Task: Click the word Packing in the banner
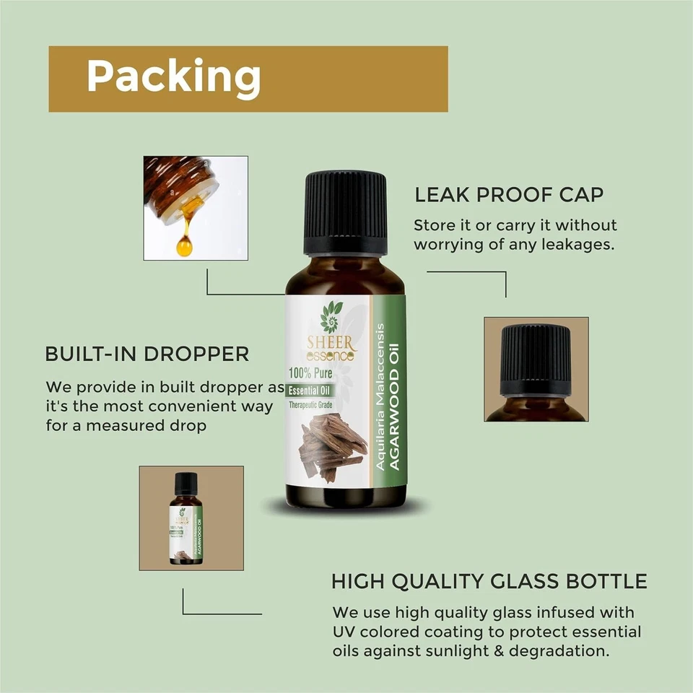(x=173, y=77)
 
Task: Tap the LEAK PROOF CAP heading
(x=509, y=195)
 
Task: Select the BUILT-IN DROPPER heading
(x=147, y=354)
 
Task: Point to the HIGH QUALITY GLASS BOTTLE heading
(x=489, y=581)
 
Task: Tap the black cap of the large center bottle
(x=345, y=213)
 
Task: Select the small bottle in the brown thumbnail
(x=186, y=518)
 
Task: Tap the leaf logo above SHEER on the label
(x=331, y=315)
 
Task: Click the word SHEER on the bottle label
(x=331, y=341)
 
